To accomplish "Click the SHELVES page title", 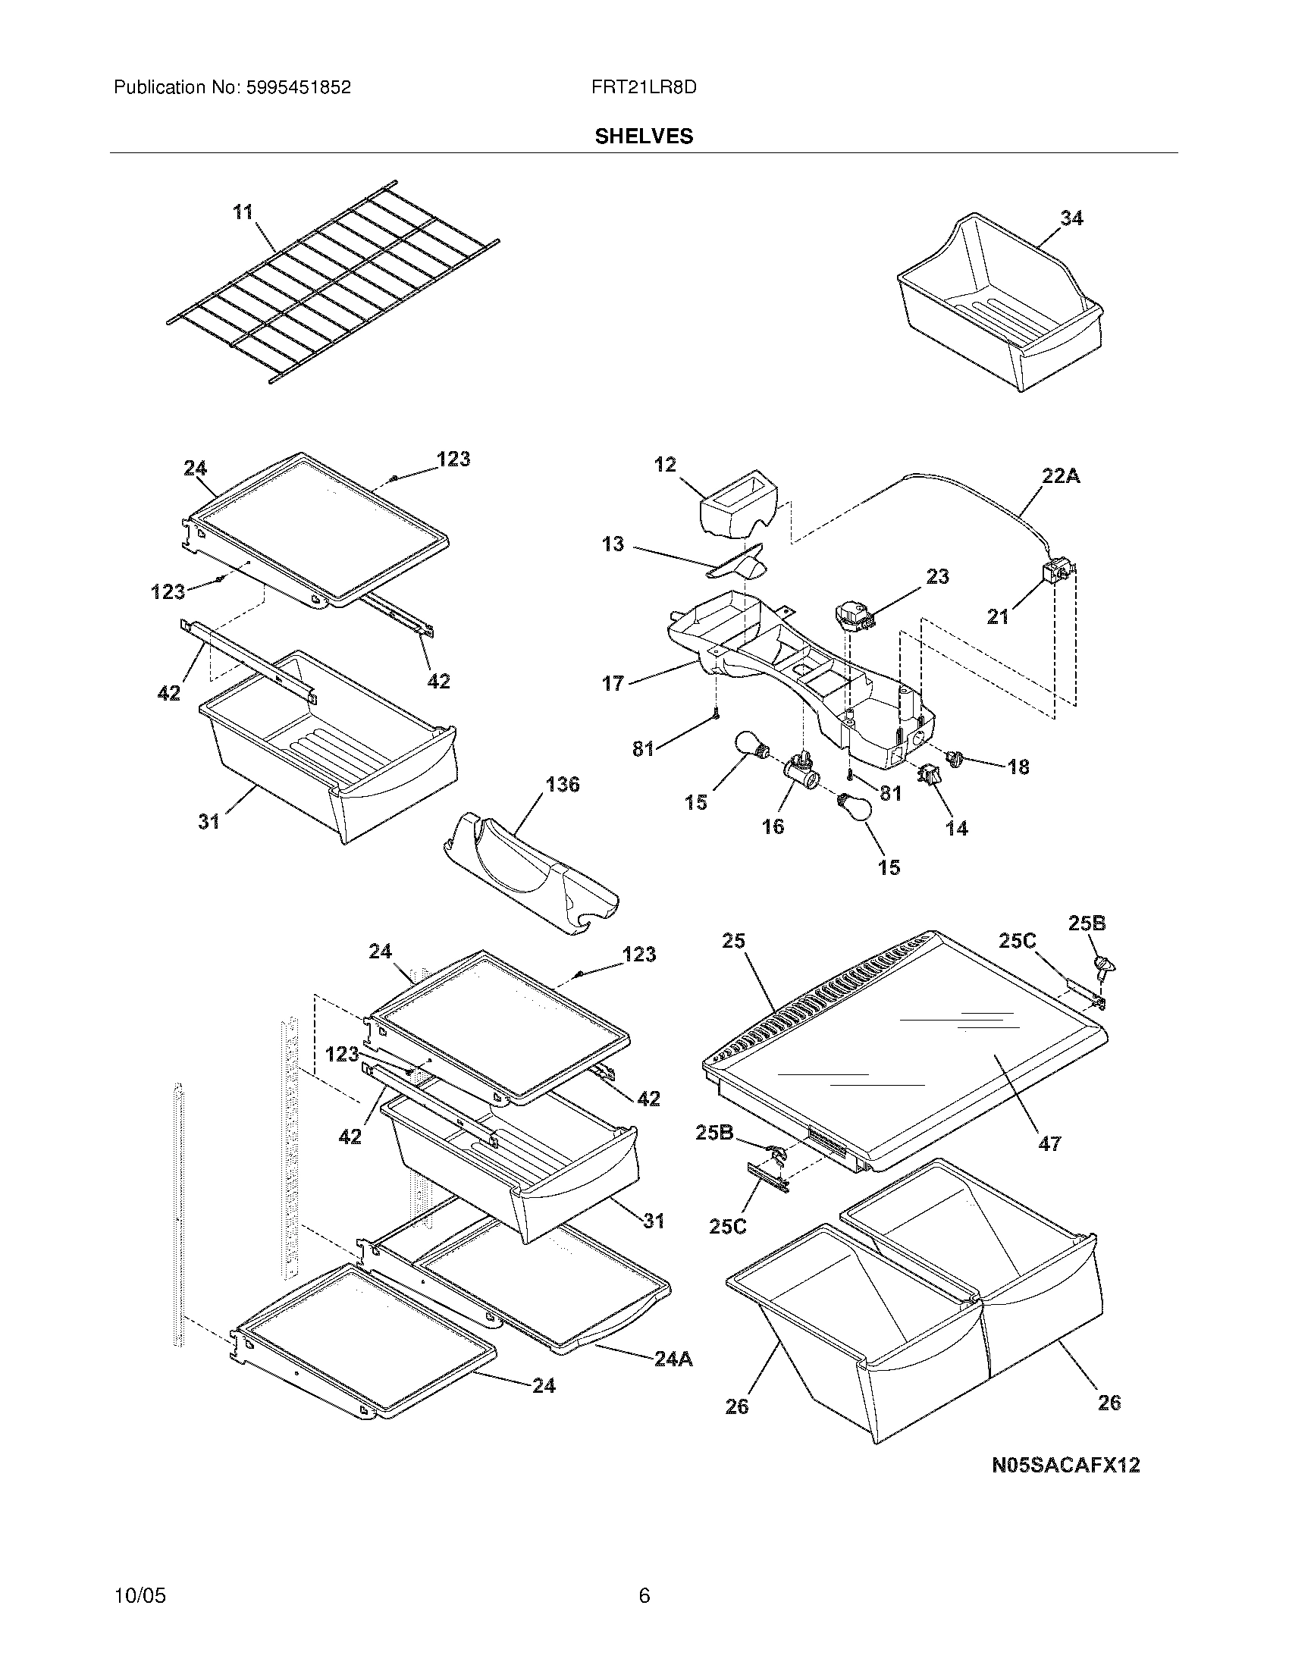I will [644, 136].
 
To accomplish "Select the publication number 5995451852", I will [298, 88].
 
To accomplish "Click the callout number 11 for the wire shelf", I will [243, 212].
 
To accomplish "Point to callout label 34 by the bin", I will [1071, 218].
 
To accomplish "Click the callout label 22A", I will [1061, 477].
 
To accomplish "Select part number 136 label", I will [562, 785].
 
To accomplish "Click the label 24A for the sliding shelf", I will [673, 1359].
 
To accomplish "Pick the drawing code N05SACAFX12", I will [1065, 1465].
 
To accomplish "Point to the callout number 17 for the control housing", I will [613, 683].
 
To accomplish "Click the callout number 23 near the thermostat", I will [937, 577].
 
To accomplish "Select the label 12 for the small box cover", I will [665, 464].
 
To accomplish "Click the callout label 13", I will [613, 544].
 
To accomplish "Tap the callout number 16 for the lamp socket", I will [773, 826].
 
